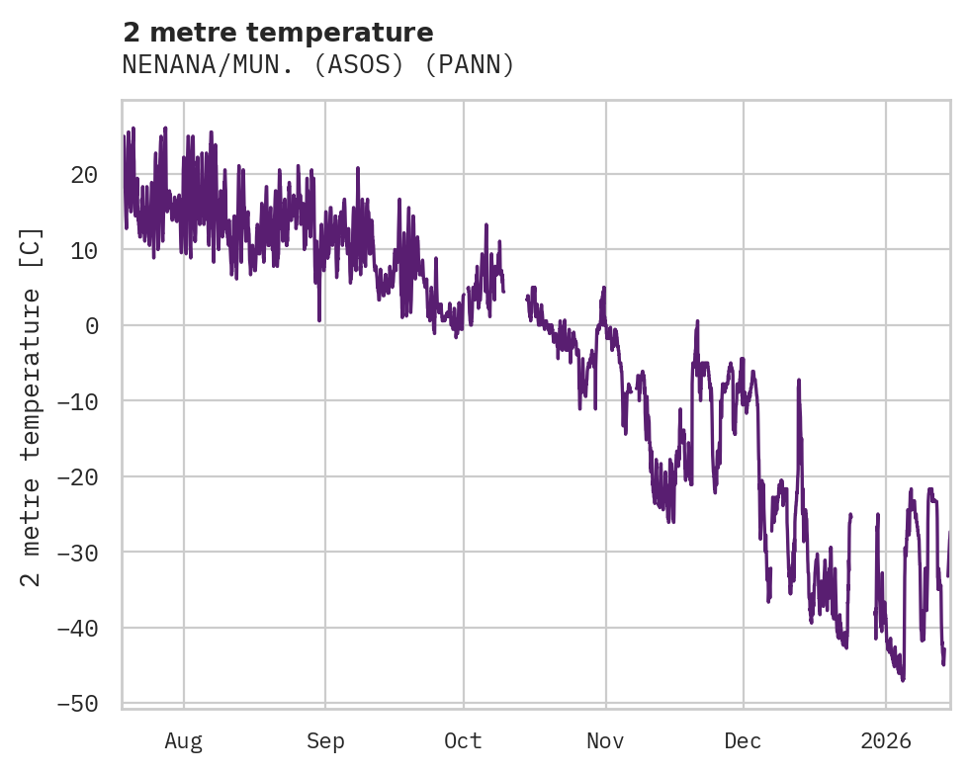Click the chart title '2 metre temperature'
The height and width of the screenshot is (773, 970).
[x=278, y=33]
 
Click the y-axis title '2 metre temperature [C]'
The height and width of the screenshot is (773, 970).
[x=32, y=407]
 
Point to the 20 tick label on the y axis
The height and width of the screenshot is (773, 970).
[x=84, y=175]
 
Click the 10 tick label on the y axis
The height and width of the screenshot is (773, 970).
[x=84, y=250]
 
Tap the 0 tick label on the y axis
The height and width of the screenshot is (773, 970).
[x=92, y=325]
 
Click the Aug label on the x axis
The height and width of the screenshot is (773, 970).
[x=184, y=740]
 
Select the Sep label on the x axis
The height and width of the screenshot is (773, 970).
[x=325, y=740]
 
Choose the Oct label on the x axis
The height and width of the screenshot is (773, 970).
[x=463, y=740]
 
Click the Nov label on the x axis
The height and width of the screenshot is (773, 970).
[x=605, y=740]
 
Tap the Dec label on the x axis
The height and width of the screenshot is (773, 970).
[x=743, y=740]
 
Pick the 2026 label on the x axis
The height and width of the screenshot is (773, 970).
[x=885, y=740]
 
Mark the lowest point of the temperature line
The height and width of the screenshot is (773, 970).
[x=902, y=680]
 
